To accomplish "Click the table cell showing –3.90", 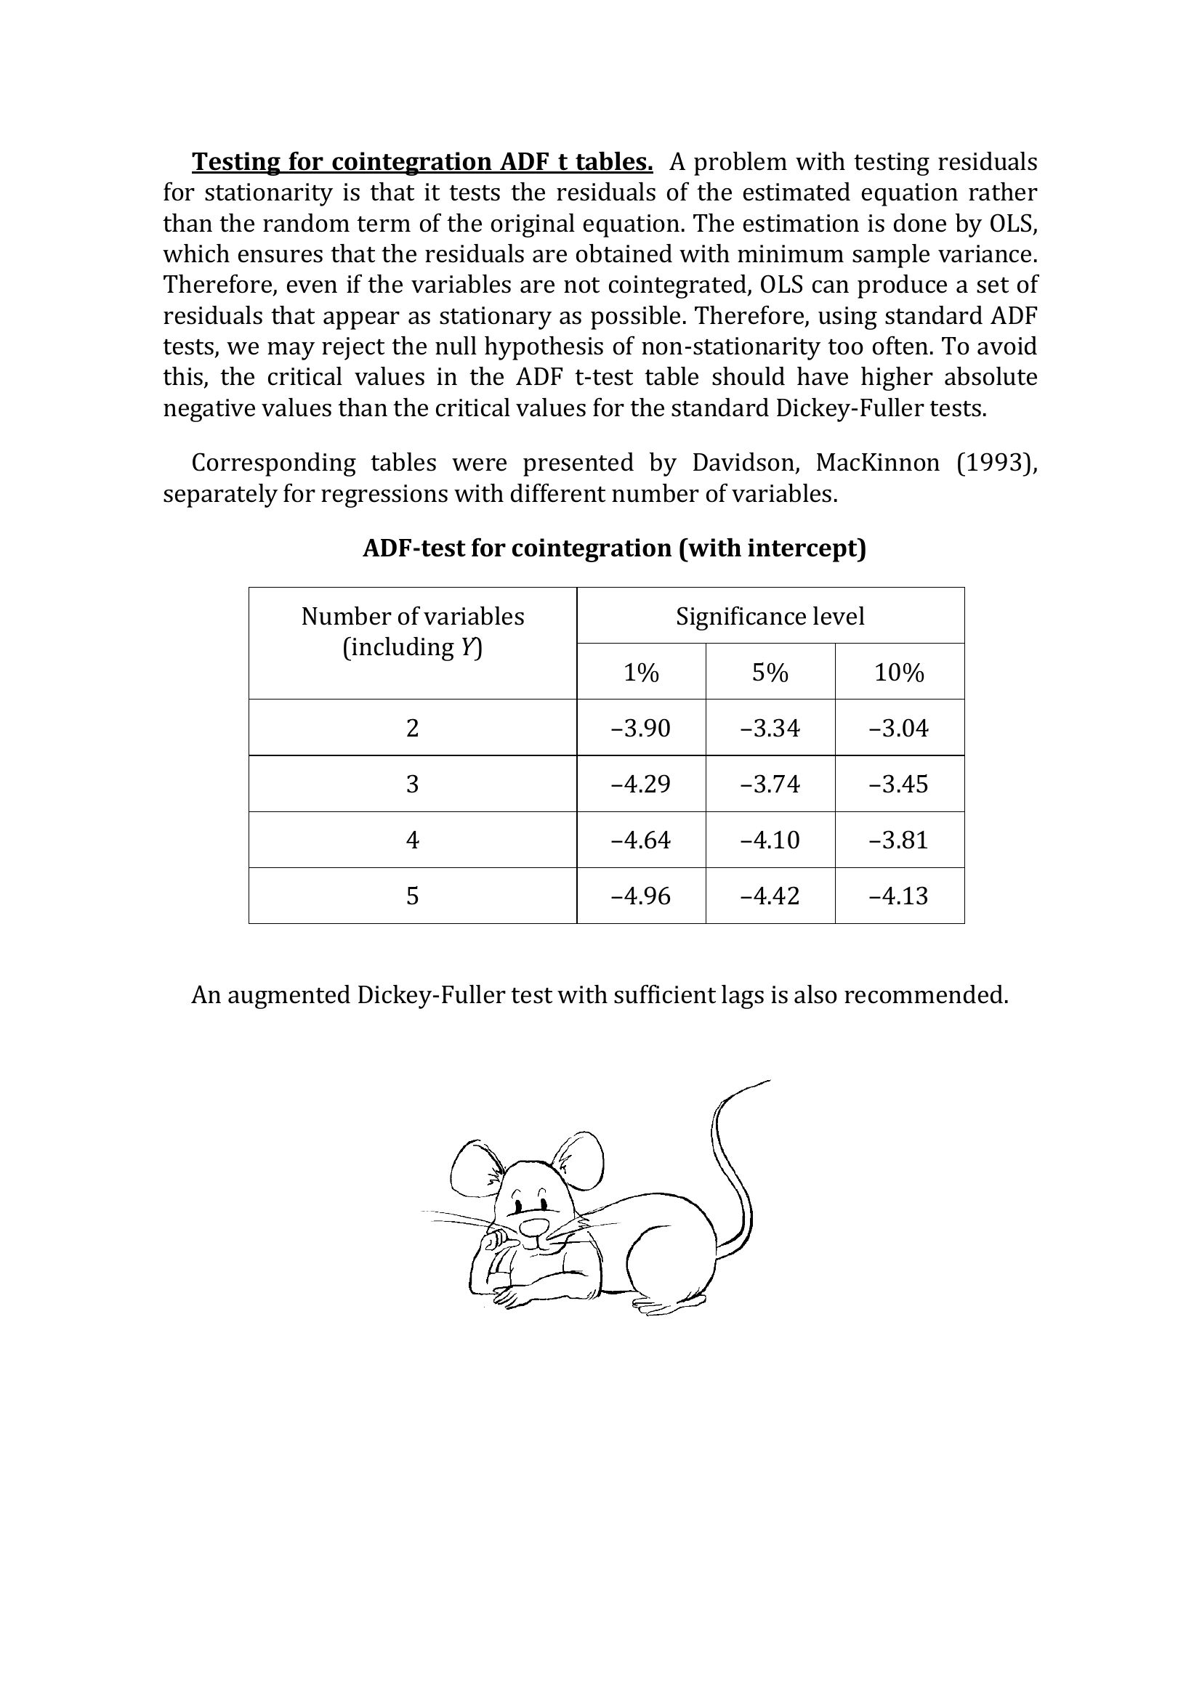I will pyautogui.click(x=641, y=728).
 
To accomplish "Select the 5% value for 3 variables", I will pyautogui.click(x=770, y=784).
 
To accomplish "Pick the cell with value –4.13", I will pyautogui.click(x=898, y=896).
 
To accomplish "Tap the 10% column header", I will pyautogui.click(x=898, y=673).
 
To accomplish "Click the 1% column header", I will pyautogui.click(x=641, y=673).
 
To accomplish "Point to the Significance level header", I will pyautogui.click(x=770, y=617).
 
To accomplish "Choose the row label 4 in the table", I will pyautogui.click(x=412, y=840).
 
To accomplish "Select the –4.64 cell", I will pyautogui.click(x=641, y=840).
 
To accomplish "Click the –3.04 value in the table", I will pyautogui.click(x=898, y=728).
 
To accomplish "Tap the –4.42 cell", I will pyautogui.click(x=770, y=896).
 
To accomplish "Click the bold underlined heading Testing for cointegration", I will pyautogui.click(x=422, y=161).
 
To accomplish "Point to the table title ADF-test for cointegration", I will pyautogui.click(x=613, y=548).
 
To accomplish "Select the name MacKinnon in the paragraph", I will pyautogui.click(x=877, y=463).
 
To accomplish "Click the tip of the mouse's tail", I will pyautogui.click(x=767, y=1081).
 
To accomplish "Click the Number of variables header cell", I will pyautogui.click(x=412, y=631).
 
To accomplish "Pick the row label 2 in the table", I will pyautogui.click(x=412, y=728).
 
